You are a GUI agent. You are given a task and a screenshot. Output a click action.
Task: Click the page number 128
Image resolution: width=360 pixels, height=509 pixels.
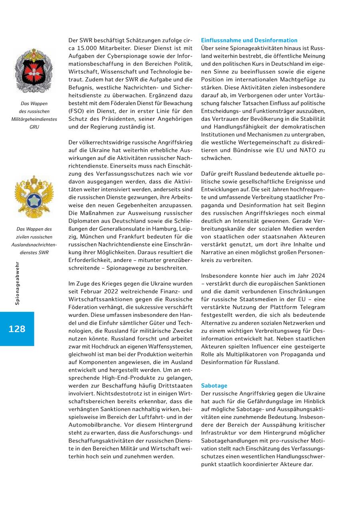tap(17, 329)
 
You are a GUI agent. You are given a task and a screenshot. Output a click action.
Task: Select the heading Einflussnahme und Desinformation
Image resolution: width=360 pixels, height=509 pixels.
tap(249, 40)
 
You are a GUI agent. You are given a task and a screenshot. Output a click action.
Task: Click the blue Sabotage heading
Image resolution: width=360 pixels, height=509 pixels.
tap(214, 386)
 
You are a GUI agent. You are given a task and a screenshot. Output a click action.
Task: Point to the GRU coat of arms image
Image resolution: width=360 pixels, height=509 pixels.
tap(34, 70)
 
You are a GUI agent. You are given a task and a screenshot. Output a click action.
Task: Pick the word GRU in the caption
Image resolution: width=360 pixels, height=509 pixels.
tap(34, 127)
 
